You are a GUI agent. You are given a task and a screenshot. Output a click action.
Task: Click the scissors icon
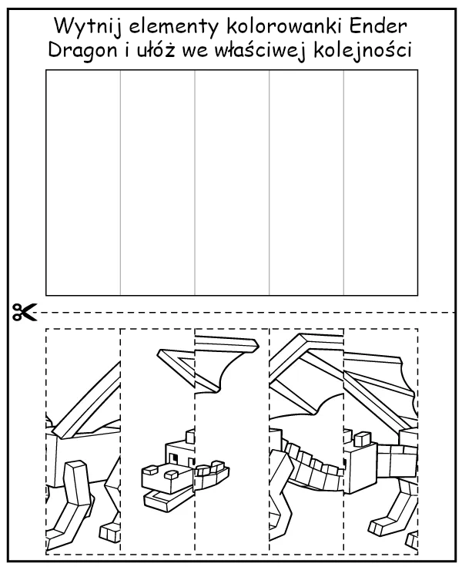(x=24, y=313)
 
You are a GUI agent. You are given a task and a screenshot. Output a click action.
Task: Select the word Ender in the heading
(x=378, y=25)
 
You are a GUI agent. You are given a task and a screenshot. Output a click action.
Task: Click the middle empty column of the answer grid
(x=232, y=182)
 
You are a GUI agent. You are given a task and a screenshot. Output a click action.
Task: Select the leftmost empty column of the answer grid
(x=83, y=182)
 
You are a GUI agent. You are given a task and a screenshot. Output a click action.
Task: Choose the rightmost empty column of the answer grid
(x=380, y=182)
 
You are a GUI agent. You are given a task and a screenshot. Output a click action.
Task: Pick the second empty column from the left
(x=157, y=182)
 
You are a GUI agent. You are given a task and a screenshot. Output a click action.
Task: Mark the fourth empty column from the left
(x=306, y=182)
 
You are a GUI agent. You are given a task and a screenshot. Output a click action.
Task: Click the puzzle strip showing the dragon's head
(x=158, y=439)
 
